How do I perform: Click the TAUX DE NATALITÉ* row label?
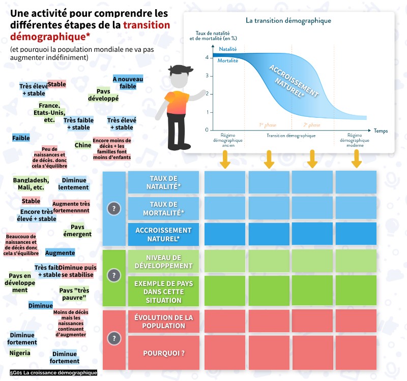click(163, 182)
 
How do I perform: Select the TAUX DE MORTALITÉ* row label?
click(163, 208)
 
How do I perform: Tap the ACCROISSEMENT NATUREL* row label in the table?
click(163, 234)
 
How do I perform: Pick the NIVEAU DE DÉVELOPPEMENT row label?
click(163, 262)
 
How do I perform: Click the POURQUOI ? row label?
click(163, 353)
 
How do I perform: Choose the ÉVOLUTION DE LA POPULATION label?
click(163, 322)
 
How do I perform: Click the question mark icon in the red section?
click(114, 338)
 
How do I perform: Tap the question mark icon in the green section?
click(114, 275)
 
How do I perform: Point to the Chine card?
click(83, 145)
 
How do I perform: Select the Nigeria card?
click(20, 353)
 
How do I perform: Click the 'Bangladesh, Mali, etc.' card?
click(31, 183)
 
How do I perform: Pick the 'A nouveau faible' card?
click(128, 83)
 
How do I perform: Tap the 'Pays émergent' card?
click(77, 231)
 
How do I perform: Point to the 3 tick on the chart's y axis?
click(206, 76)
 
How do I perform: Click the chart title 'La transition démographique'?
click(288, 21)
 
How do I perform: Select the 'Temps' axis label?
click(381, 131)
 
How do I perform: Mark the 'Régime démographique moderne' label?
click(355, 140)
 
